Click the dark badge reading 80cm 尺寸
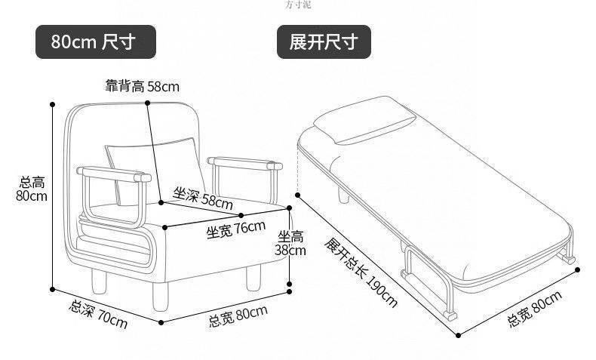[96, 42]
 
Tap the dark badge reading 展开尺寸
[324, 42]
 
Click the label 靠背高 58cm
[142, 86]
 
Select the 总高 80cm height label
[32, 189]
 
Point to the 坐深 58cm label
[203, 198]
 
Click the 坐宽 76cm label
[236, 227]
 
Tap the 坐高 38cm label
[290, 243]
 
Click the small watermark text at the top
[298, 5]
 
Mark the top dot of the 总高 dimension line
[53, 104]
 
